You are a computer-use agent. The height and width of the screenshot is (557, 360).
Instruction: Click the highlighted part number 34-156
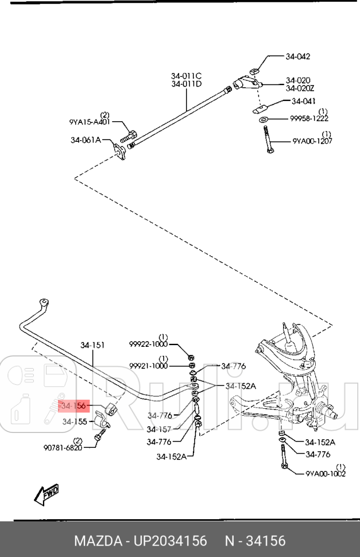(x=73, y=406)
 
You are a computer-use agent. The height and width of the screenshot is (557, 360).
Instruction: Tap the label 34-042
(x=297, y=56)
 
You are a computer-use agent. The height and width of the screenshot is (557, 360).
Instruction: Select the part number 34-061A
(x=86, y=140)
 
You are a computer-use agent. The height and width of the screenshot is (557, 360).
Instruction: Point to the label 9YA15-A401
(x=90, y=122)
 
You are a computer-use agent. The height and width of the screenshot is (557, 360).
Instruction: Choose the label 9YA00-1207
(x=312, y=140)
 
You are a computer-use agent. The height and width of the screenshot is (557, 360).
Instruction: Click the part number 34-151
(x=92, y=345)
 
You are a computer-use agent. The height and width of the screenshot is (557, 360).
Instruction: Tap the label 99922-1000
(x=148, y=343)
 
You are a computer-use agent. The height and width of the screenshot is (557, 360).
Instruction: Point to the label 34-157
(x=159, y=428)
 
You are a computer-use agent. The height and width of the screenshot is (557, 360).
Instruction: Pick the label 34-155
(x=75, y=421)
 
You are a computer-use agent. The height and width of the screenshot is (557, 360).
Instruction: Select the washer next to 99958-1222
(x=263, y=119)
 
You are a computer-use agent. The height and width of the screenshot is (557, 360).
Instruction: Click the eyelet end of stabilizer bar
(x=42, y=302)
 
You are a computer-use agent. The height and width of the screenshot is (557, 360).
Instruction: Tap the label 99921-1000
(x=148, y=365)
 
